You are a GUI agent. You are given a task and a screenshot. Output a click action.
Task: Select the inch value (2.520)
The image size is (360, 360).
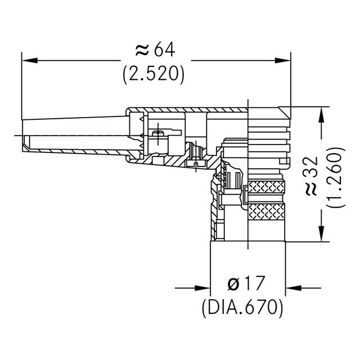click(154, 75)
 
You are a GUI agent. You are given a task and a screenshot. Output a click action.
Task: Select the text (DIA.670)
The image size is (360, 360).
click(241, 307)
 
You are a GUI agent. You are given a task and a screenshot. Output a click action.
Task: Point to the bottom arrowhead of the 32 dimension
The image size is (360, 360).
click(322, 236)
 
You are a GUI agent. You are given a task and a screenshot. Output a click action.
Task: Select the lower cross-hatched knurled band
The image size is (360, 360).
click(266, 212)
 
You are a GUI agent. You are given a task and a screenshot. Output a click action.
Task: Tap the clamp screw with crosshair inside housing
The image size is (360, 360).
click(159, 133)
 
